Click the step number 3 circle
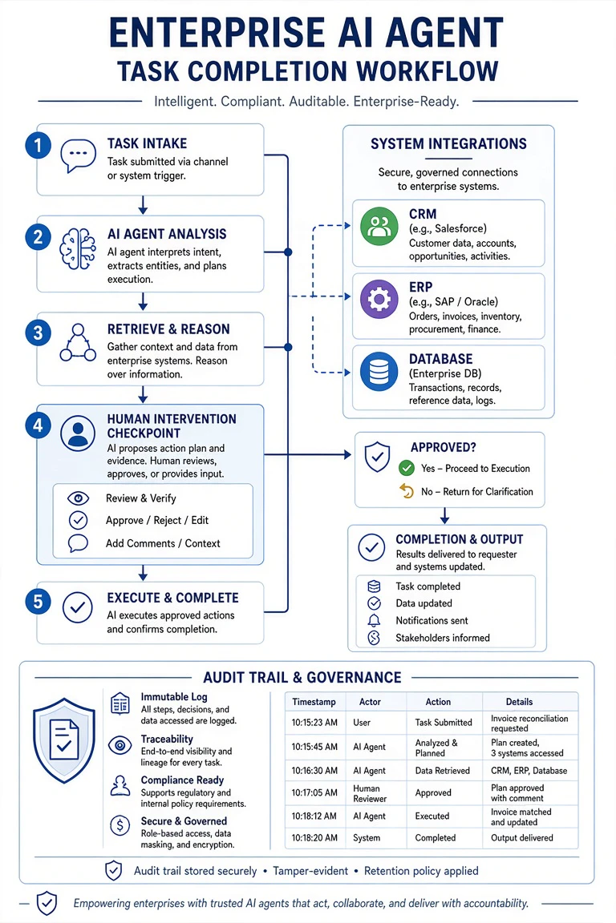tap(38, 333)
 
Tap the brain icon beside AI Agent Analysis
tap(78, 249)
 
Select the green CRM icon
tap(379, 226)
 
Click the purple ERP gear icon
tap(379, 299)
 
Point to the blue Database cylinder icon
tap(379, 372)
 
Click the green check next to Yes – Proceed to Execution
tap(406, 469)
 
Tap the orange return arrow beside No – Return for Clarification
tap(406, 491)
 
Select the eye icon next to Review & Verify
tap(79, 498)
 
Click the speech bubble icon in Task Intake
tap(78, 155)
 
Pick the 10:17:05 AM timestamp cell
tap(314, 793)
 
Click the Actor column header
tap(371, 702)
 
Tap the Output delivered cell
tap(521, 837)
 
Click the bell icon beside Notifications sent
tap(374, 620)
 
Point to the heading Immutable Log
tap(174, 697)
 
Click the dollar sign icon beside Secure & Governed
tap(120, 825)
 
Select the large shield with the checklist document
tap(64, 740)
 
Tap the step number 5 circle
tap(38, 602)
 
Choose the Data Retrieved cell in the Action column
tap(442, 771)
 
